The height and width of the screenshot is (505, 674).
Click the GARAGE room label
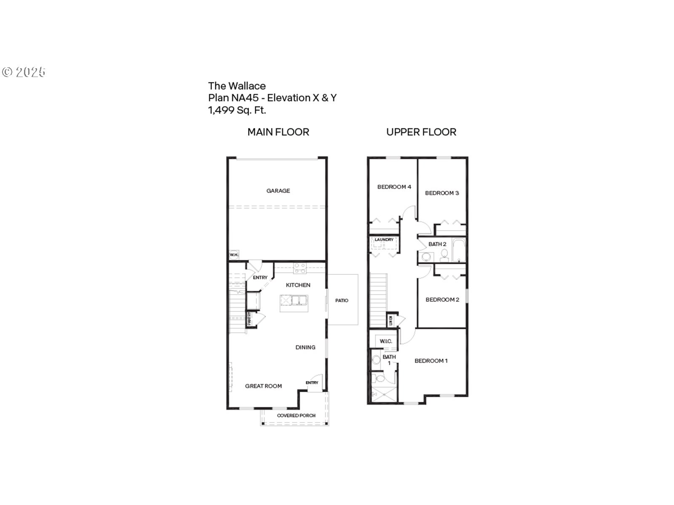click(278, 191)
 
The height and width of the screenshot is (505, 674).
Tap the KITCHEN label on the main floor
click(298, 285)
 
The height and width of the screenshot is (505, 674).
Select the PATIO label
click(342, 300)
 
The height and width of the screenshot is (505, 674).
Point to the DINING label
click(305, 347)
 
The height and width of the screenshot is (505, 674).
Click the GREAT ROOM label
click(264, 386)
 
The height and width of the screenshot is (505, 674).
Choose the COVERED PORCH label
click(296, 415)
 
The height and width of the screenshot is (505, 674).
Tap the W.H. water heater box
click(234, 255)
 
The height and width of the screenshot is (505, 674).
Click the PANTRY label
click(249, 319)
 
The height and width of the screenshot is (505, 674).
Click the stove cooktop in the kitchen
click(300, 268)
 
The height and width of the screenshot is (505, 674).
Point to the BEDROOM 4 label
click(394, 187)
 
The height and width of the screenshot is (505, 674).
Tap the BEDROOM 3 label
click(442, 193)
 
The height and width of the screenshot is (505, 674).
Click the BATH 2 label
click(437, 244)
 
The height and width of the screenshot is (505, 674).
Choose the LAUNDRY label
click(384, 240)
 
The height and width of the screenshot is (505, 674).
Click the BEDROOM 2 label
click(442, 300)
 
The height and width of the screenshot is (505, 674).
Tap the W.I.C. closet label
click(386, 341)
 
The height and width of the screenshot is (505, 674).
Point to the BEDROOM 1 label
click(431, 361)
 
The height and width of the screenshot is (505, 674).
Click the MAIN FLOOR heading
click(278, 132)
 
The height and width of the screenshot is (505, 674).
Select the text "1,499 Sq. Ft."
click(237, 110)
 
